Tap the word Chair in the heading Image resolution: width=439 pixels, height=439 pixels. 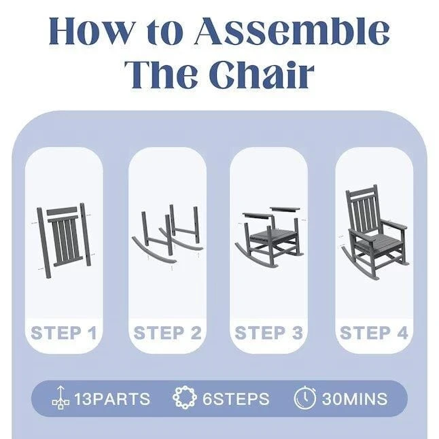coord(262,75)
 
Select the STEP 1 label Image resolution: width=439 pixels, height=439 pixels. coord(64,332)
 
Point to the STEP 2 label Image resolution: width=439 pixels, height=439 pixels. coord(167,332)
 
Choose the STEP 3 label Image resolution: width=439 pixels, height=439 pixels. coord(269,332)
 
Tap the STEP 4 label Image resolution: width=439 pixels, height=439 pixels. coord(374,332)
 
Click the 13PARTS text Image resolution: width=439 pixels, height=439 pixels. coord(112,399)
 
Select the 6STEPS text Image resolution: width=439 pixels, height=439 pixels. coord(236,399)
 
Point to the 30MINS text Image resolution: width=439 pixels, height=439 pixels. coord(355,399)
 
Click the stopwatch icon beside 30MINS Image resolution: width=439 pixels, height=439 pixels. coord(305,398)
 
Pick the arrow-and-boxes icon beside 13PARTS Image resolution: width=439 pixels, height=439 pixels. coord(60,398)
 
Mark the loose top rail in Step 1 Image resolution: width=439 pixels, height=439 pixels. coord(62,211)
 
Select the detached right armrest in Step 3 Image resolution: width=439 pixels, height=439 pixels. coord(285,209)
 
